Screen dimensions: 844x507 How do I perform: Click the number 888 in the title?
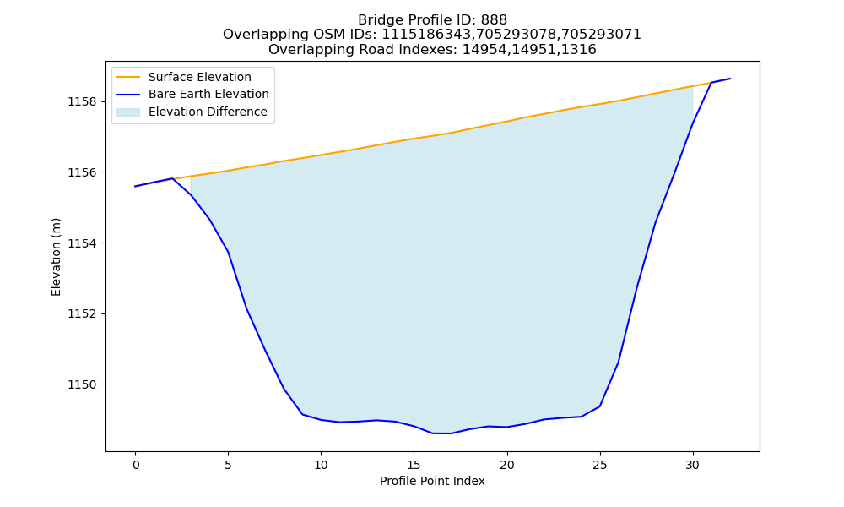coord(494,20)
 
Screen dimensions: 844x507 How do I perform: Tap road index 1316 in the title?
coord(579,50)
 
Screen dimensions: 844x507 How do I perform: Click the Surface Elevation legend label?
coord(200,77)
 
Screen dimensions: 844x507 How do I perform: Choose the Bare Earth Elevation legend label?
coord(208,94)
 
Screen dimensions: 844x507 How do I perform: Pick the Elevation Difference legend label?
coord(208,112)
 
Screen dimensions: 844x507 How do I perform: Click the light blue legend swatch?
coord(128,112)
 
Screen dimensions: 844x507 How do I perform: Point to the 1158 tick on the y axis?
coord(83,102)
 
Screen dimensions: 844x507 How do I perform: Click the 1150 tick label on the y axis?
coord(83,384)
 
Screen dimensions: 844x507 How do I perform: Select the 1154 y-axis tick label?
coord(83,243)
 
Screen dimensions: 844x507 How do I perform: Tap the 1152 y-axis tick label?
coord(83,314)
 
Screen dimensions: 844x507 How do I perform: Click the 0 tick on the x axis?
coord(136,465)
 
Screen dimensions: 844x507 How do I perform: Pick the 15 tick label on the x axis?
coord(414,465)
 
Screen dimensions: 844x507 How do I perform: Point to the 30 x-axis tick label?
coord(693,465)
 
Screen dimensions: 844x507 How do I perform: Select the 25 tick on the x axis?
coord(599,465)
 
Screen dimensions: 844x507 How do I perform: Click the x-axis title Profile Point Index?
coord(432,481)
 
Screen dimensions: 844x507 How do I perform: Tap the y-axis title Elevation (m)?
coord(56,257)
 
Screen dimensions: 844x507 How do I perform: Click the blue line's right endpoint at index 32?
coord(730,79)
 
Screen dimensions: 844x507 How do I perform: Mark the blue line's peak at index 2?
coord(172,178)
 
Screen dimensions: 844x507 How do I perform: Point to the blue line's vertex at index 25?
coord(599,406)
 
